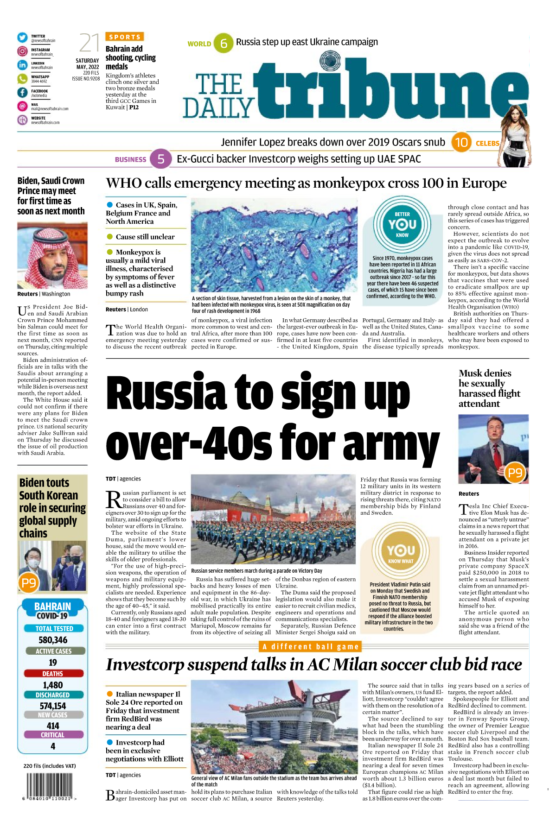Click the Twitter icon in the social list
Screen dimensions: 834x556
tap(22, 38)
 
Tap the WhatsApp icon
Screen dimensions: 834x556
tap(22, 79)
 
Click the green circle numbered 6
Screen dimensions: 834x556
tap(224, 43)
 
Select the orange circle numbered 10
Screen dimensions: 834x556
tap(461, 142)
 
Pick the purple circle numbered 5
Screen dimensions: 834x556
tap(161, 159)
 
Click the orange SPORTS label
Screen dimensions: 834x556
tap(125, 37)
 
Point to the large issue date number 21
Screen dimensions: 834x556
tap(89, 43)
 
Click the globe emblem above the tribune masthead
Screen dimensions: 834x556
tap(330, 61)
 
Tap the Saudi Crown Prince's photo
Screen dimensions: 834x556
tap(52, 255)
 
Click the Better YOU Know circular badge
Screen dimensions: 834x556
tap(402, 224)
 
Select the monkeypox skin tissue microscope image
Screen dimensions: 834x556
tap(274, 246)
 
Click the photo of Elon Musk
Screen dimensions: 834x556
tap(493, 449)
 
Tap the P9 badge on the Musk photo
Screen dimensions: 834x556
tap(515, 473)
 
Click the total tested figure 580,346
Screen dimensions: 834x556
tap(53, 640)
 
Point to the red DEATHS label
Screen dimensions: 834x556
tap(53, 674)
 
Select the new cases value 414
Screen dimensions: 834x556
tap(53, 726)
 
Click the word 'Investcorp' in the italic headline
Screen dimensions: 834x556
tap(145, 664)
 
